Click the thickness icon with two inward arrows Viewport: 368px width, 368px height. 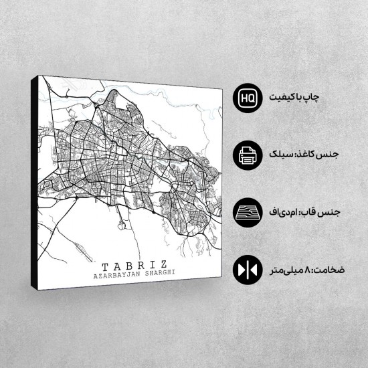pyautogui.click(x=246, y=271)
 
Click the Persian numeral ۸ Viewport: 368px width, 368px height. pyautogui.click(x=304, y=271)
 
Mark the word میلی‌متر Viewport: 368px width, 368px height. pyautogui.click(x=284, y=271)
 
